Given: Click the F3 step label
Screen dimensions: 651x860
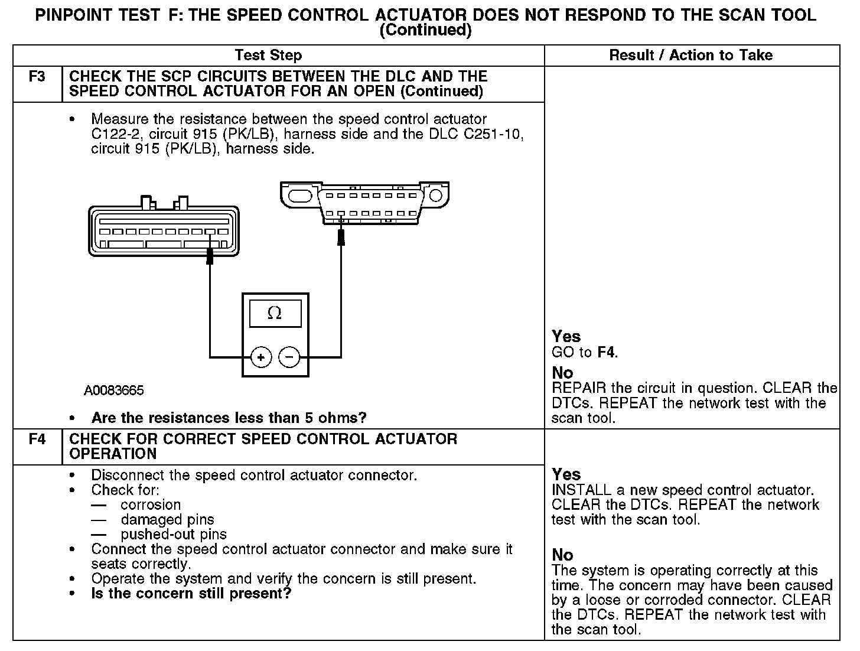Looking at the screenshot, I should tap(37, 77).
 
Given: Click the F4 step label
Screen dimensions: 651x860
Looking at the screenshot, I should tap(37, 440).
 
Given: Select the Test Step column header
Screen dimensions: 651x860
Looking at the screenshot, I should tap(268, 56).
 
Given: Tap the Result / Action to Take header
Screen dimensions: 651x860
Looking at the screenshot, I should tap(690, 56).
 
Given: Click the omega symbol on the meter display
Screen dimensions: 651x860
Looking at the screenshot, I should tap(275, 314).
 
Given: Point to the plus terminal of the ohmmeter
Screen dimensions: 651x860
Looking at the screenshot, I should tap(261, 357).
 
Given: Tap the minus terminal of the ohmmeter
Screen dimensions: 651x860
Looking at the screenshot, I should tap(289, 357).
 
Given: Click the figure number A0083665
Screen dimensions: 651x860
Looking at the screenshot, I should tap(113, 390).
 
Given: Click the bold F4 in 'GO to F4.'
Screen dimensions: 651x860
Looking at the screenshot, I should tap(605, 353).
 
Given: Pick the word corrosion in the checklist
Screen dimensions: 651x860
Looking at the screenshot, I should tap(151, 505).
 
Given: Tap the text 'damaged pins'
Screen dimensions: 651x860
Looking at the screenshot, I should tap(167, 520).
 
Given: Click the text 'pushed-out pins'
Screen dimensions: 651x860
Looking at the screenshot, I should tap(174, 535).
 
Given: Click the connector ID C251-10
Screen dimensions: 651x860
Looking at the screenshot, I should tap(493, 134).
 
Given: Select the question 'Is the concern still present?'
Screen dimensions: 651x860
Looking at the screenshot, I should tap(191, 594).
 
